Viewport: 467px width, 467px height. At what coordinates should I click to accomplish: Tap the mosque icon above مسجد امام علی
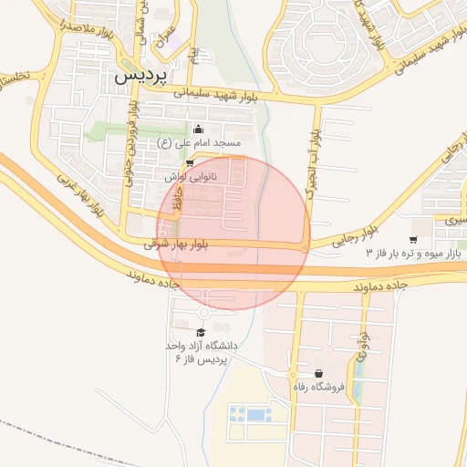(199, 129)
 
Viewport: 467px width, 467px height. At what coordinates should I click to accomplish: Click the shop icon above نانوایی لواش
(190, 162)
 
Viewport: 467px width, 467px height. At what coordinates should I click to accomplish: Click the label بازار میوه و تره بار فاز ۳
(412, 251)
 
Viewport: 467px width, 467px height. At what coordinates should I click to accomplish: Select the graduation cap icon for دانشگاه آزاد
(202, 332)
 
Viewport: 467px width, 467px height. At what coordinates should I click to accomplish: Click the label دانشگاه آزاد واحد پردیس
(202, 352)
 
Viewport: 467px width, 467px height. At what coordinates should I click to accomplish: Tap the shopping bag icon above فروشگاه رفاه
(318, 373)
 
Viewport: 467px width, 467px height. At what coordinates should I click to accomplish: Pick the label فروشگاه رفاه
(318, 387)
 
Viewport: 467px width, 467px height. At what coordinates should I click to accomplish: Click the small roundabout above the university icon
(202, 314)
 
